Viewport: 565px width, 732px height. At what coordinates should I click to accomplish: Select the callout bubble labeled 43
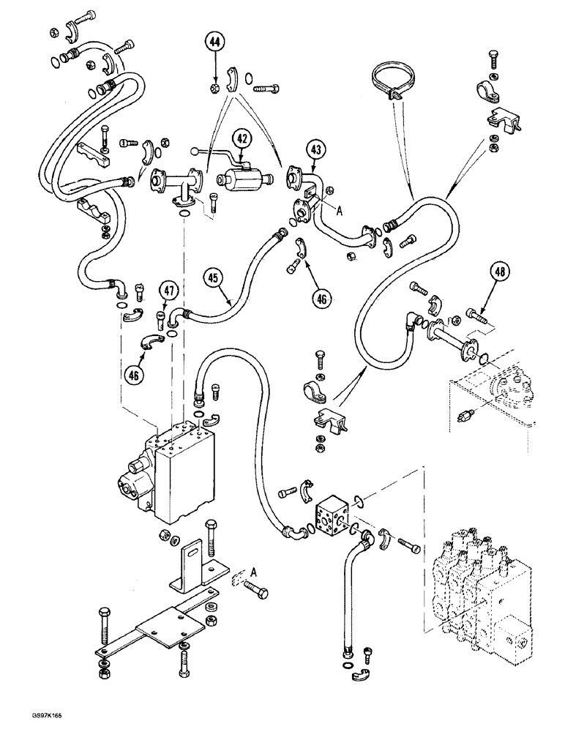click(317, 150)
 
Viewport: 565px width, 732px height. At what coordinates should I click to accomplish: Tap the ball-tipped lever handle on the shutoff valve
click(195, 152)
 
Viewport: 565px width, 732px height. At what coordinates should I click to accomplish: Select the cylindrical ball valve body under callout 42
click(236, 178)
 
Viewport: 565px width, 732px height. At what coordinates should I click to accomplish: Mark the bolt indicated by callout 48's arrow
click(470, 317)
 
